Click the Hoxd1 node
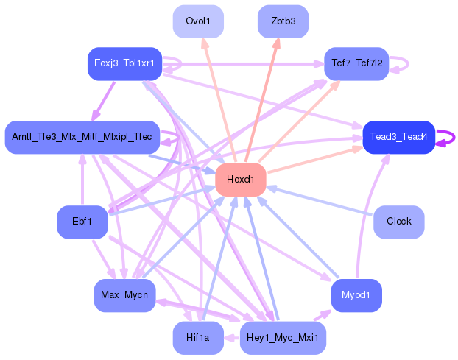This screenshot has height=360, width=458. click(x=240, y=180)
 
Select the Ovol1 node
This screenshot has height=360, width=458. click(x=198, y=21)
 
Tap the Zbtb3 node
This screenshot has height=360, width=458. click(x=283, y=21)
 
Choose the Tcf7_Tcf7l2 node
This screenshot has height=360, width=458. click(x=356, y=63)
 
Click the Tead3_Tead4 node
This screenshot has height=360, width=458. click(x=398, y=137)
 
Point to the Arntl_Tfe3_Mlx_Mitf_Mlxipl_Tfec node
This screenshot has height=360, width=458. click(x=82, y=137)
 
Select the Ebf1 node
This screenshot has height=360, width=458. click(x=82, y=222)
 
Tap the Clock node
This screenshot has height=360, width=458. click(x=398, y=222)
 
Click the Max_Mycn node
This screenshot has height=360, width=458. click(x=124, y=295)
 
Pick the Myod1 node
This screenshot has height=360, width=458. click(x=356, y=295)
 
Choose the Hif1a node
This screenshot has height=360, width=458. click(x=198, y=338)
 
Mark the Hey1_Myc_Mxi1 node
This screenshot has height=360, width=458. click(x=283, y=338)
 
